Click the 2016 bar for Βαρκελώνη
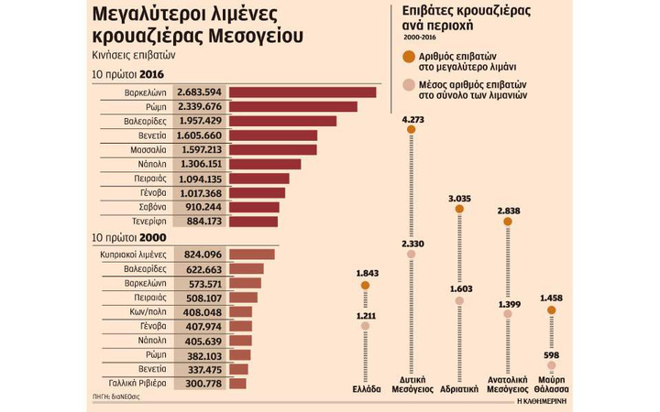(302, 92)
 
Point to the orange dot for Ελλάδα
(366, 286)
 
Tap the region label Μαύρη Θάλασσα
(551, 382)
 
